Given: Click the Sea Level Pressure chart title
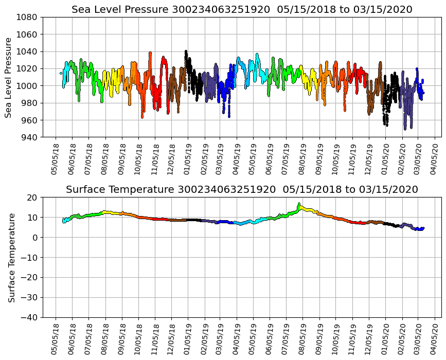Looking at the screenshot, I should [x=242, y=10].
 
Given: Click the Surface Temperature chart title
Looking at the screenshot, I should [x=242, y=190].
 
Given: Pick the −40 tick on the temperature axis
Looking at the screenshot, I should [x=29, y=318].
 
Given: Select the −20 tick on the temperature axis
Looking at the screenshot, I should [x=29, y=278].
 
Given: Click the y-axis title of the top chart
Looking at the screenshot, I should [x=9, y=77].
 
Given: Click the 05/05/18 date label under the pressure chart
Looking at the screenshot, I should [x=56, y=157].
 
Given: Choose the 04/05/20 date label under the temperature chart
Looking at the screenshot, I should [x=435, y=337].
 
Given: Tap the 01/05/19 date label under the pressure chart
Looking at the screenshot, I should [x=188, y=157].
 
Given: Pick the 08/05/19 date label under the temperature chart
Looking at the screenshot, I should [x=303, y=337].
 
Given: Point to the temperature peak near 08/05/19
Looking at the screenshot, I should [x=299, y=204].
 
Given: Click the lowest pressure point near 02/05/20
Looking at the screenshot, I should [x=405, y=129].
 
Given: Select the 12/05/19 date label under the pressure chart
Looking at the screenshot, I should [x=369, y=157].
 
